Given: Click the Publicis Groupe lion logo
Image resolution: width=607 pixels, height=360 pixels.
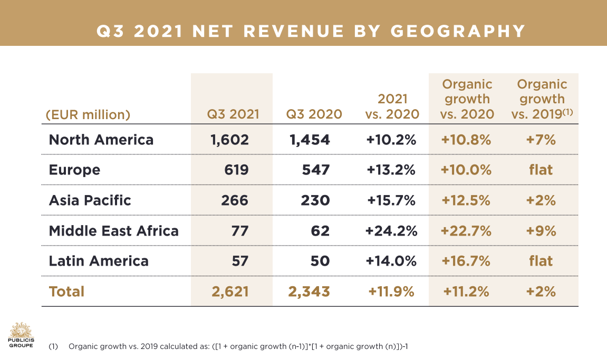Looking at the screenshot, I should point(21,330).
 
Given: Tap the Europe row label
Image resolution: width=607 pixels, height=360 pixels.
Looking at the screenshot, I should point(74,170).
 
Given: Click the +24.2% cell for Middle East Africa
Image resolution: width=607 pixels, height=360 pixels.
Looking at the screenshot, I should point(391,230).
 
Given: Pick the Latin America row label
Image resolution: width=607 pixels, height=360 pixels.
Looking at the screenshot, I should point(99,261).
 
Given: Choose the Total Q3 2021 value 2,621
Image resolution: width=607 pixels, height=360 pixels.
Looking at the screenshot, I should point(227,291).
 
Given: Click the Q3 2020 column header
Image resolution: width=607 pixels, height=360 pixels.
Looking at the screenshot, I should point(314,114).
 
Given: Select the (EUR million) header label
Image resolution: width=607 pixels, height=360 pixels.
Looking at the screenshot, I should point(88,114).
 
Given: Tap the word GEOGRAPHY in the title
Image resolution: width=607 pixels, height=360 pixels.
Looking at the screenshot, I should point(458,31).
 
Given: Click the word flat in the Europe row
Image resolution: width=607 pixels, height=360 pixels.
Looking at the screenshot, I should point(541,170).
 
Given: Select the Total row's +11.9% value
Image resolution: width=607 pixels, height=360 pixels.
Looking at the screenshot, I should point(391,291).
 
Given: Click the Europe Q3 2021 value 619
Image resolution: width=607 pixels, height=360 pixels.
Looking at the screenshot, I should point(236,170).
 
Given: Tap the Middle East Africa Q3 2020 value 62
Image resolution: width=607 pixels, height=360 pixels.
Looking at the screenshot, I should point(320,230).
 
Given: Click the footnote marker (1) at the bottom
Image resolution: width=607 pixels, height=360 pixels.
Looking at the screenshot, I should point(53,347).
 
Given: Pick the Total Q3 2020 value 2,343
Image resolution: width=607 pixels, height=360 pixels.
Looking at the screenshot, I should point(309,291).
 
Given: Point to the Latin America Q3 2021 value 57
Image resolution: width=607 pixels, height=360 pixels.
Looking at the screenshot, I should point(240,261).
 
